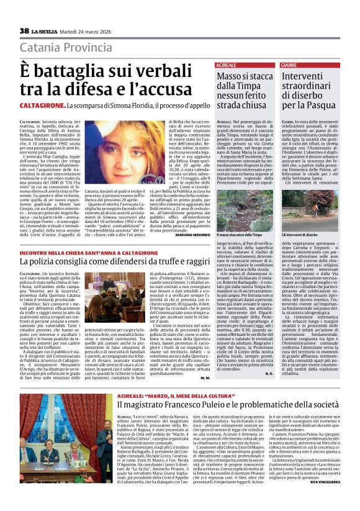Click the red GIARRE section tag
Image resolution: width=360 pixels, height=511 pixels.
coord(289,65)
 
